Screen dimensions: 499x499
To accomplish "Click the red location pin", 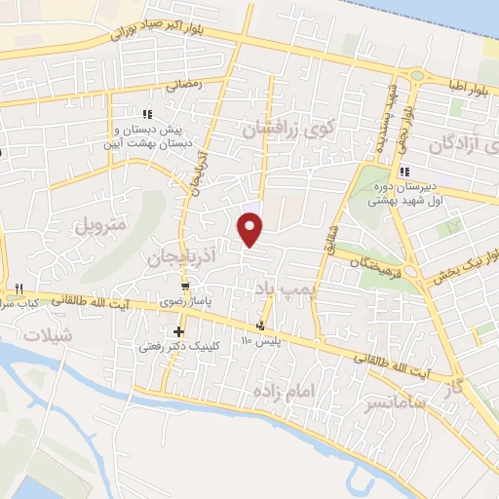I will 250,229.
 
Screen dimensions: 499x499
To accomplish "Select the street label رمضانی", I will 185,85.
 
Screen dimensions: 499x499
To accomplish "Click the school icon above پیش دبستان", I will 147,114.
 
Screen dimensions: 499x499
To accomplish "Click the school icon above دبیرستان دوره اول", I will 389,173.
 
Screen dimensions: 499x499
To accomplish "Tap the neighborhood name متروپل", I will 101,223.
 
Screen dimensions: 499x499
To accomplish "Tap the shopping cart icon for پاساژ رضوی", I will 185,287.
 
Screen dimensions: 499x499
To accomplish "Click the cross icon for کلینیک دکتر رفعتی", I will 178,332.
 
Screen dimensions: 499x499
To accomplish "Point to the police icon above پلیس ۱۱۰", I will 260,326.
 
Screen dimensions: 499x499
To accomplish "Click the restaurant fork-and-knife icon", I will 18,289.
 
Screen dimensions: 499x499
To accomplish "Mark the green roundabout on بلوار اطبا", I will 418,75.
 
